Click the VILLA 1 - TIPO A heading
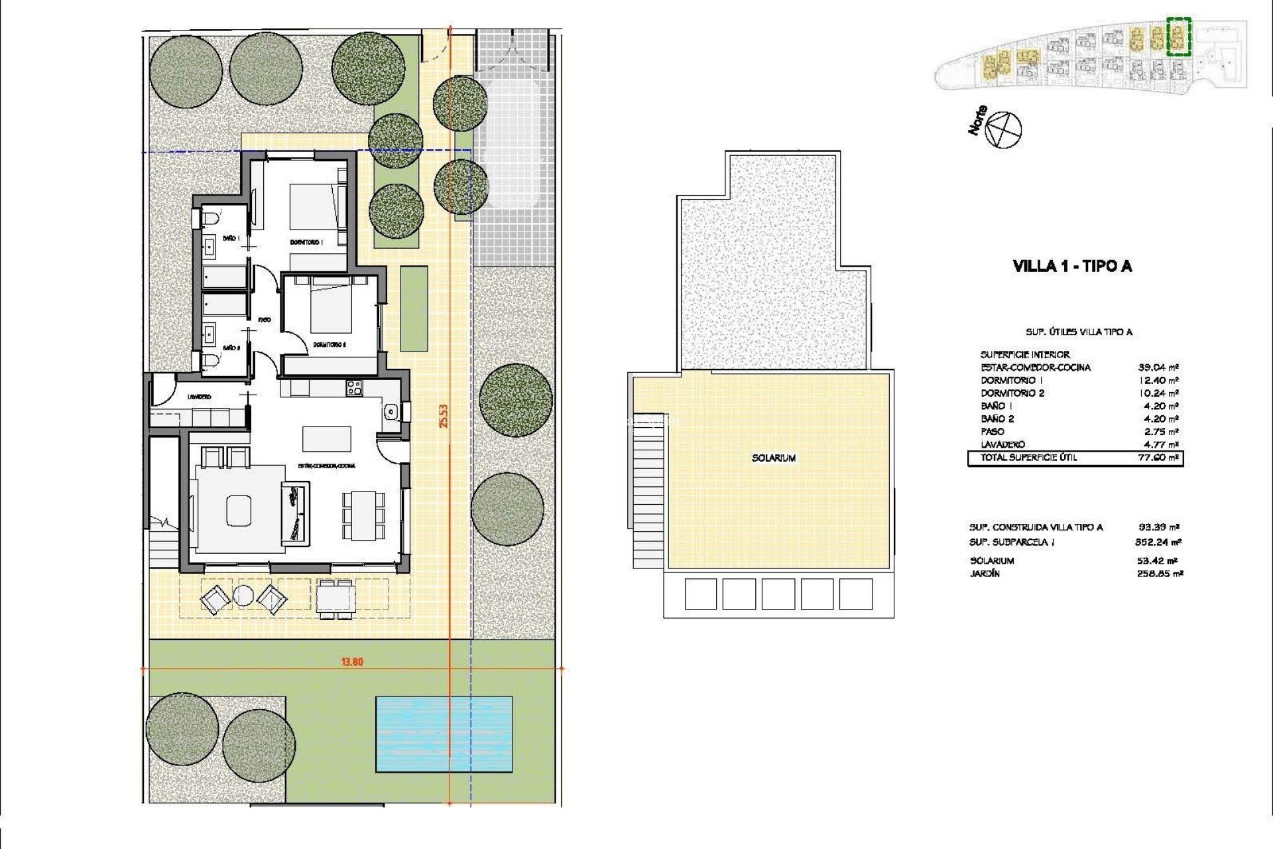click(1072, 267)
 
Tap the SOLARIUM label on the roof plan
click(774, 458)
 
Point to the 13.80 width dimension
click(353, 661)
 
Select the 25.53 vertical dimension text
click(444, 417)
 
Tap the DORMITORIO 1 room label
click(306, 242)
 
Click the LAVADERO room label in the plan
click(199, 397)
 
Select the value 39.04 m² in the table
click(1157, 367)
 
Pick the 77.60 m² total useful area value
click(1157, 458)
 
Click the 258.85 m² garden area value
click(1157, 574)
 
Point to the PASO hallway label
click(265, 320)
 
